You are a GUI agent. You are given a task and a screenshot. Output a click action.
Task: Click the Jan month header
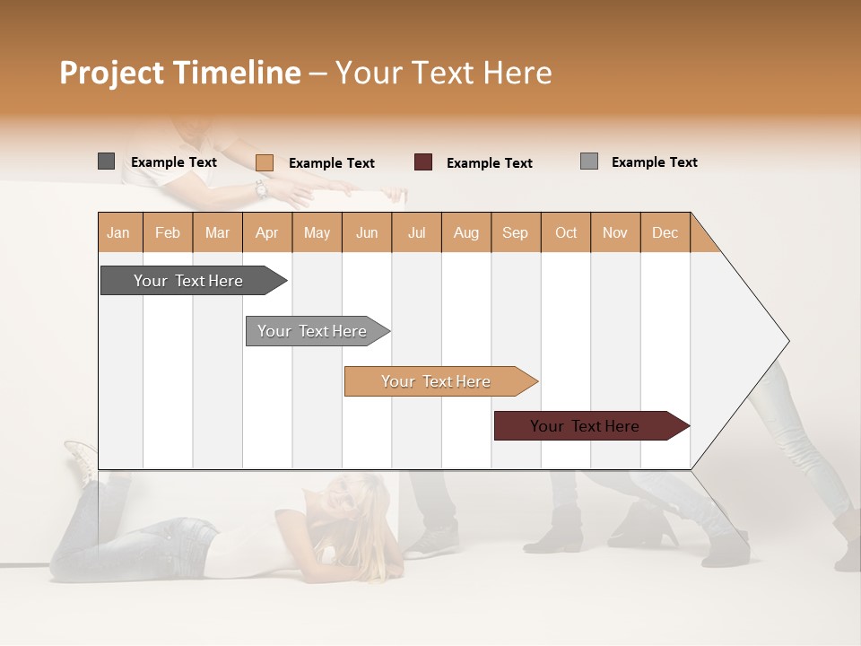click(119, 232)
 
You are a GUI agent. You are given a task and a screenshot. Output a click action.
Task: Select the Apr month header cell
click(267, 232)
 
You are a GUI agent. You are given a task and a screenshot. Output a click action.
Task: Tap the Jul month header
click(416, 232)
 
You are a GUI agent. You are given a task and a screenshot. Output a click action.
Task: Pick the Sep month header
click(516, 232)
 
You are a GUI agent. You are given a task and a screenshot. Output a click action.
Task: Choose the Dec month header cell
click(665, 232)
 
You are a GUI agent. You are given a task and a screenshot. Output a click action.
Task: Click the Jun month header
click(367, 232)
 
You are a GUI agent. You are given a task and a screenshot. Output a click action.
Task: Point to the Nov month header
click(615, 232)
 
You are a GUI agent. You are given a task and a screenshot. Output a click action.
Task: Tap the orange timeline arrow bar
click(437, 381)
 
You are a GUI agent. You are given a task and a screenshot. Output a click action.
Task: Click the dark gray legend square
click(106, 161)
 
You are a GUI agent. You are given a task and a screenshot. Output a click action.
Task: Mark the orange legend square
click(264, 162)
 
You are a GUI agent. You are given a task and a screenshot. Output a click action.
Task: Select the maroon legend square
click(423, 162)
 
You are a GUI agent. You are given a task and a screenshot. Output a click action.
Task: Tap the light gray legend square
click(589, 161)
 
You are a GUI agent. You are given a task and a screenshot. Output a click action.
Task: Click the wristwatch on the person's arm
click(261, 189)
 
